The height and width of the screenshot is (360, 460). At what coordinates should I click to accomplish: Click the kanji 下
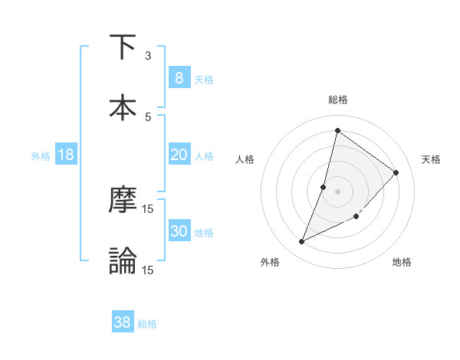point(123,47)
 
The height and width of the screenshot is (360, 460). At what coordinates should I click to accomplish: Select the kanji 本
point(123,107)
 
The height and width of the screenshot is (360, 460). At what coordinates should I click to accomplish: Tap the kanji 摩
point(123,201)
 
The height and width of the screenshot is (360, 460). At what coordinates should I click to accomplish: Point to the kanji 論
point(123,260)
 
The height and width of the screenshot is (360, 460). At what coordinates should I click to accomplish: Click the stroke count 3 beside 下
point(148,56)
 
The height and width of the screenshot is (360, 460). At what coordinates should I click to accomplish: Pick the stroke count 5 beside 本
point(148,116)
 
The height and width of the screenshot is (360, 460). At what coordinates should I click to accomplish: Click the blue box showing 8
point(179,77)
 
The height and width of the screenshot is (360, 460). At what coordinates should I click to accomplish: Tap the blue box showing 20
point(179,155)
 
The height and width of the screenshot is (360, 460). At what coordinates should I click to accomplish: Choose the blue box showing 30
point(179,231)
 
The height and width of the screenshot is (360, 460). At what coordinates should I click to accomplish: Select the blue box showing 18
point(66,155)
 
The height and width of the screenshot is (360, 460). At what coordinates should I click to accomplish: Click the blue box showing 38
point(123,322)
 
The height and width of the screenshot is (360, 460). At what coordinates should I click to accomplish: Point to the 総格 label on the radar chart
point(338,100)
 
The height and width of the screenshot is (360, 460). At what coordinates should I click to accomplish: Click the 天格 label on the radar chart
point(432,159)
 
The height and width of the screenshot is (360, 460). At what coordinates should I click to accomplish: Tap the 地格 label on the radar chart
point(402,262)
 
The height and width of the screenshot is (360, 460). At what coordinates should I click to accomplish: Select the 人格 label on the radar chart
point(245,159)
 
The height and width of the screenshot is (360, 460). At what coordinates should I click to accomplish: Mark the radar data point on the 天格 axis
point(396,172)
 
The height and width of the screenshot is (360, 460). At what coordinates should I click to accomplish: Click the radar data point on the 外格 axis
point(302,242)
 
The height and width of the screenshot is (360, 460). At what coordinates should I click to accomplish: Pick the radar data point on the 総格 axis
point(337,130)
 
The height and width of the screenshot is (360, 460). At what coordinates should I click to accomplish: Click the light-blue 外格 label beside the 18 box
point(41,155)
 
